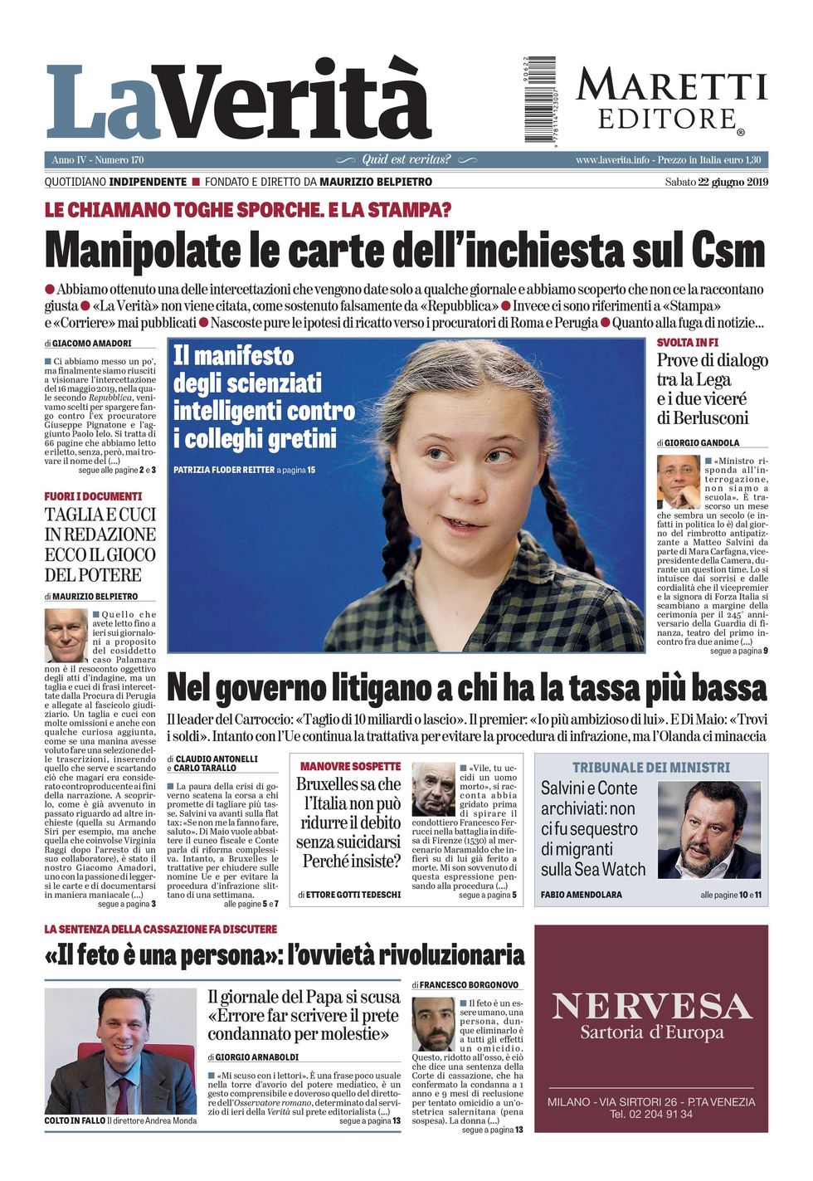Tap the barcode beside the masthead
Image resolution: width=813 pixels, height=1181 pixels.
539,99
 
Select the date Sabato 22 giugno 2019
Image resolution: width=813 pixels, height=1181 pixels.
716,182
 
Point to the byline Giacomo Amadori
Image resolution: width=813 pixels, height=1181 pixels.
91,343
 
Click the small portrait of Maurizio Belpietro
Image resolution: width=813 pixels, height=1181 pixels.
66,635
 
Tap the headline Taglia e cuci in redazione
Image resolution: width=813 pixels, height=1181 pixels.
100,544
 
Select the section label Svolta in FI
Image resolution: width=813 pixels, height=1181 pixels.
687,342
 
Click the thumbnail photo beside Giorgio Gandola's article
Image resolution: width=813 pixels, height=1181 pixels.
678,481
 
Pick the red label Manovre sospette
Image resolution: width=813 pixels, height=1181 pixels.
350,766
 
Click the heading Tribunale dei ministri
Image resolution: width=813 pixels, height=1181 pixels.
651,768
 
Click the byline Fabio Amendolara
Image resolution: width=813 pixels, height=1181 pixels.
581,895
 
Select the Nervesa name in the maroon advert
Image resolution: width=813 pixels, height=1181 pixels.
651,1006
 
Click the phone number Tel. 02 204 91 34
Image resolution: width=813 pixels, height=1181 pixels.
651,1114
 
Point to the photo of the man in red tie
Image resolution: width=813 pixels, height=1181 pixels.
120,1050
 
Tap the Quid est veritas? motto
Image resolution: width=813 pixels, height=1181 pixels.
406,159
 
